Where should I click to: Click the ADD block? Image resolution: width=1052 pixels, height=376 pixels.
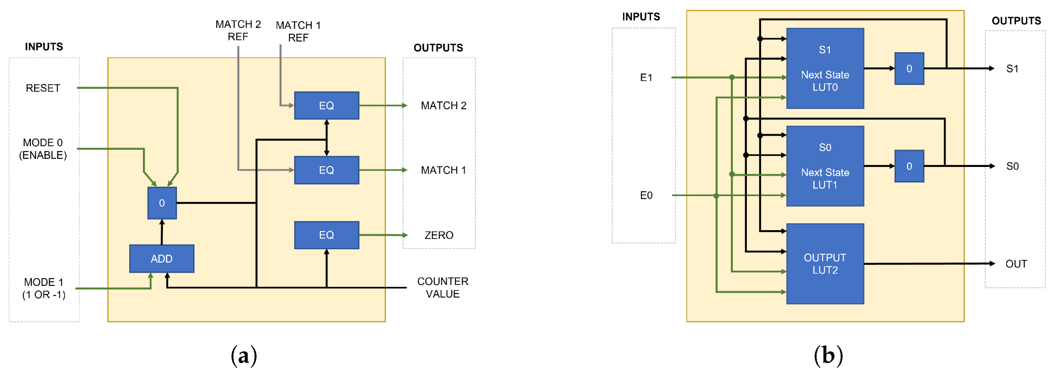pos(162,258)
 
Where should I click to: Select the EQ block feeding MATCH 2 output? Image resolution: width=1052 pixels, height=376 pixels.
pos(326,106)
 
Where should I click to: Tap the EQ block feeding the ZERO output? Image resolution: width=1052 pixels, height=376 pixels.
pos(326,235)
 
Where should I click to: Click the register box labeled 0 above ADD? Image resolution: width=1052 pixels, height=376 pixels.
pos(162,203)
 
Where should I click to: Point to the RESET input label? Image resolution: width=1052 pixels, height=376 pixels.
pos(43,88)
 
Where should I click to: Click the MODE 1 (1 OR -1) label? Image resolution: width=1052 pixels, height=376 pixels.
pos(43,288)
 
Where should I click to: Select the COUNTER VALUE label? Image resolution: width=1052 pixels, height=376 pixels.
pos(443,288)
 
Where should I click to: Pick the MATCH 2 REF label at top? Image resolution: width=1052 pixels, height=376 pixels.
pos(238,30)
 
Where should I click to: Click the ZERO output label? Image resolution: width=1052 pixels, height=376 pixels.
pos(439,235)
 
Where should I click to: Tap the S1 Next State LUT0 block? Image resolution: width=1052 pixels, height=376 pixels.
pos(825,68)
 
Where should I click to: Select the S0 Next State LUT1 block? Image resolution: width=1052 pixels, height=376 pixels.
pos(825,166)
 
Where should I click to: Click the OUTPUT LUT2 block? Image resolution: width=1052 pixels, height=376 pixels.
pos(825,264)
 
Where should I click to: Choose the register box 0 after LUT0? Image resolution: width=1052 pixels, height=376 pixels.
pos(909,68)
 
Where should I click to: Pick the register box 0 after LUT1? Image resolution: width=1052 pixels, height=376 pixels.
pos(909,166)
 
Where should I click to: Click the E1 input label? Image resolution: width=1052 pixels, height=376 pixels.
pos(646,77)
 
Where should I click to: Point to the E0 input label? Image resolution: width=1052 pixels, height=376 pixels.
pos(646,195)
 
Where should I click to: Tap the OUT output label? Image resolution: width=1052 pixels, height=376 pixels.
pos(1016,264)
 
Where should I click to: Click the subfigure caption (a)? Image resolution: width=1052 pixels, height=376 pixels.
pos(244,356)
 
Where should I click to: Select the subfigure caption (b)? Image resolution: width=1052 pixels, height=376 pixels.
pos(828,356)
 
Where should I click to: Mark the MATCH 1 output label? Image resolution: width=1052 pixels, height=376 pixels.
pos(444,170)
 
